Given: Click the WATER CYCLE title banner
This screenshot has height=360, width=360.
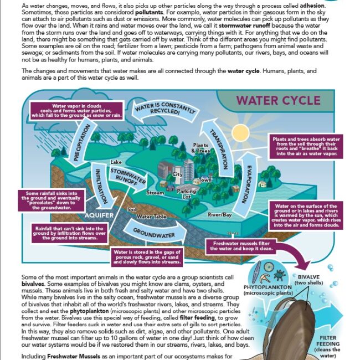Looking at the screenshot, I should coord(277,101).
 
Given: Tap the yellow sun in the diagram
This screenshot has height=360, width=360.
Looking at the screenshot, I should coord(241,133).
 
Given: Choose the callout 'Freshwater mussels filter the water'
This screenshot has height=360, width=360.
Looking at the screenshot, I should coord(243,245).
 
